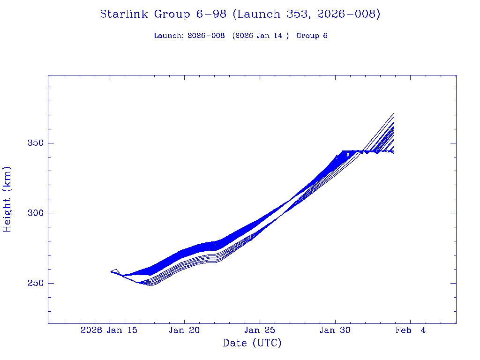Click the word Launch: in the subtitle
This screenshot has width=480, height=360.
click(x=169, y=36)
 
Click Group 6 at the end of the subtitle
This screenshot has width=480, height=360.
click(x=312, y=36)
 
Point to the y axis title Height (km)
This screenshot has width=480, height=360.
click(x=7, y=199)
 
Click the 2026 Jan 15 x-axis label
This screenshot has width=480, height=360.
click(x=109, y=330)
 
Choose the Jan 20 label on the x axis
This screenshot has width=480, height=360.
click(x=185, y=330)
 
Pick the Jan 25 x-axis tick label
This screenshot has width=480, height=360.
click(x=260, y=330)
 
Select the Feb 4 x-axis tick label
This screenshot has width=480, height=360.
click(x=410, y=330)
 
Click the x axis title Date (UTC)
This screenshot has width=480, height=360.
click(x=252, y=344)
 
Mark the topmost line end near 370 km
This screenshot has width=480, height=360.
click(x=394, y=113)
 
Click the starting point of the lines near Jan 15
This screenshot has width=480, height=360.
click(x=111, y=271)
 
